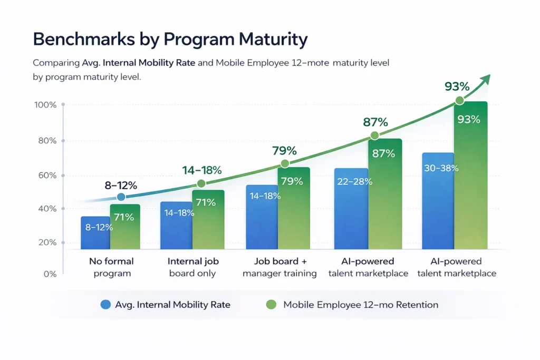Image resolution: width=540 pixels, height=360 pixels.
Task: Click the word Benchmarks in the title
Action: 70,40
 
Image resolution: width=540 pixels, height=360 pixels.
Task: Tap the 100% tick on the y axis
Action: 45,105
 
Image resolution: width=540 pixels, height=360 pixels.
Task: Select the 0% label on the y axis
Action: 49,274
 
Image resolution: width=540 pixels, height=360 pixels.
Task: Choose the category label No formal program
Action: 111,267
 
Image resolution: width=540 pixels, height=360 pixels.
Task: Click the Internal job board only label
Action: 193,267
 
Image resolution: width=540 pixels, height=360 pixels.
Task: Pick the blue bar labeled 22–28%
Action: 351,211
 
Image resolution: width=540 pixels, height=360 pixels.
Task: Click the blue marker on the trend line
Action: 121,197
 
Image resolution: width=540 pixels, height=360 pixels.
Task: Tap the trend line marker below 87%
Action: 374,135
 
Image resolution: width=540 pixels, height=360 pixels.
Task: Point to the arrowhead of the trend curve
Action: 486,79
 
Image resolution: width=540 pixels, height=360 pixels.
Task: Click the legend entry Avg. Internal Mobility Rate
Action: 165,305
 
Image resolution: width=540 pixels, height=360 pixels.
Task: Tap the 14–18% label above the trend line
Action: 201,170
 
